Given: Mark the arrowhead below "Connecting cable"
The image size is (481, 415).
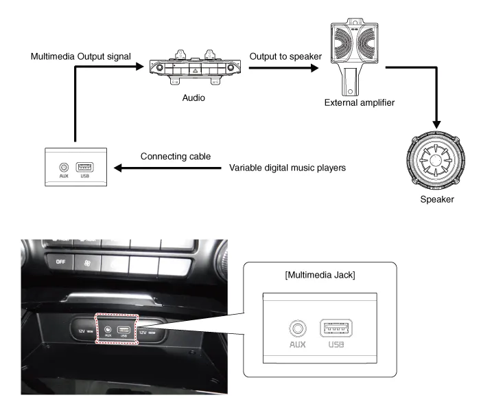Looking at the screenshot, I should click(117, 168).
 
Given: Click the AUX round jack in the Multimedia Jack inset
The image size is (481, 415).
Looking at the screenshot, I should click(296, 327).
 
